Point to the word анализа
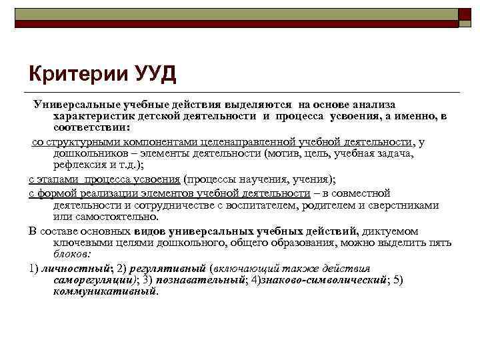[x=373, y=105]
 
